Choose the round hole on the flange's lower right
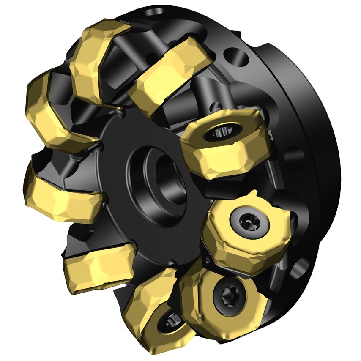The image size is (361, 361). click(x=302, y=267)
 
